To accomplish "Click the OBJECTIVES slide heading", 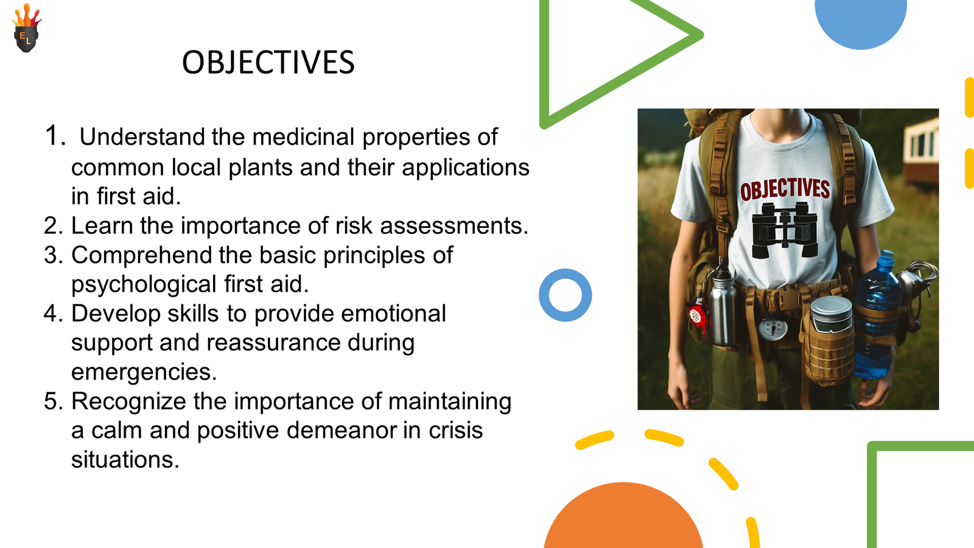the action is pyautogui.click(x=268, y=62).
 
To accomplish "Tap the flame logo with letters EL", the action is pyautogui.click(x=27, y=28).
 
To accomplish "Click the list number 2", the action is pyautogui.click(x=54, y=226).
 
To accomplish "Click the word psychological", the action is pyautogui.click(x=144, y=285).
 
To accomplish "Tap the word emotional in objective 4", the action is pyautogui.click(x=393, y=314).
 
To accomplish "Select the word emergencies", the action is pyautogui.click(x=144, y=373).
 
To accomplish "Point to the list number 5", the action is pyautogui.click(x=54, y=401).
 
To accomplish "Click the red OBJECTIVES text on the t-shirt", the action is pyautogui.click(x=785, y=189).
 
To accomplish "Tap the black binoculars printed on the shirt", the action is pyautogui.click(x=785, y=230).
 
